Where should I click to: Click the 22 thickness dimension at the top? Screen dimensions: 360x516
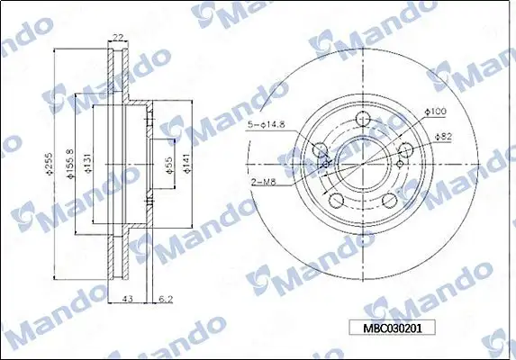pyautogui.click(x=117, y=37)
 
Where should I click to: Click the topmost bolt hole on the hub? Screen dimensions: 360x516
pyautogui.click(x=364, y=119)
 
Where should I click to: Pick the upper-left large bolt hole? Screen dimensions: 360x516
pyautogui.click(x=320, y=150)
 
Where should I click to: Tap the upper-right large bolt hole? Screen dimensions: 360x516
pyautogui.click(x=407, y=150)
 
